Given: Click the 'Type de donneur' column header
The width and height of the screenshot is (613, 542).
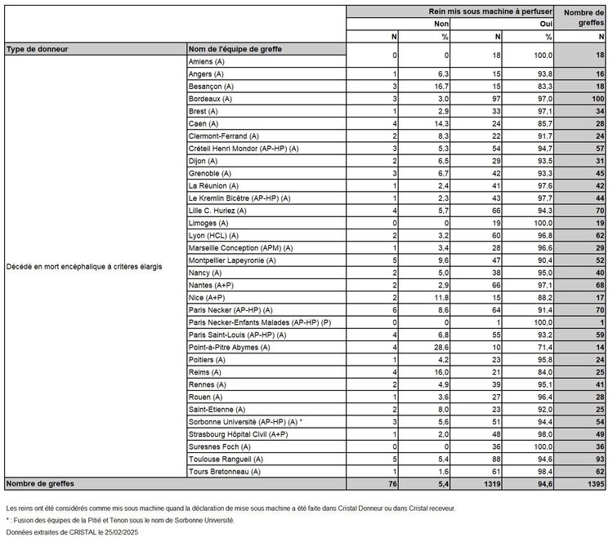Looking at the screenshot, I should click(x=37, y=49).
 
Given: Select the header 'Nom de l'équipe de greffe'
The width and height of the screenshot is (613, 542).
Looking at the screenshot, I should click(x=235, y=49).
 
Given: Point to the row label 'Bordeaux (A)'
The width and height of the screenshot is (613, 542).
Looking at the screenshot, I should click(x=210, y=99).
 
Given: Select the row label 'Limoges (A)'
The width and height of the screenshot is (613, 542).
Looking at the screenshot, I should click(x=208, y=222).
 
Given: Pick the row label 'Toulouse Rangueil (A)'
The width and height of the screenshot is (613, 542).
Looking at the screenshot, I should click(x=226, y=459).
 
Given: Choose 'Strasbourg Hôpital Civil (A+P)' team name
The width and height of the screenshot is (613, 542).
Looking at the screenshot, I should click(x=238, y=434).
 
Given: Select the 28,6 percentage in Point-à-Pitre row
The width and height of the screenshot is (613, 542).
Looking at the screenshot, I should click(x=441, y=346).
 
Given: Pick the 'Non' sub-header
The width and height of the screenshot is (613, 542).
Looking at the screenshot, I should click(x=441, y=24).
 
